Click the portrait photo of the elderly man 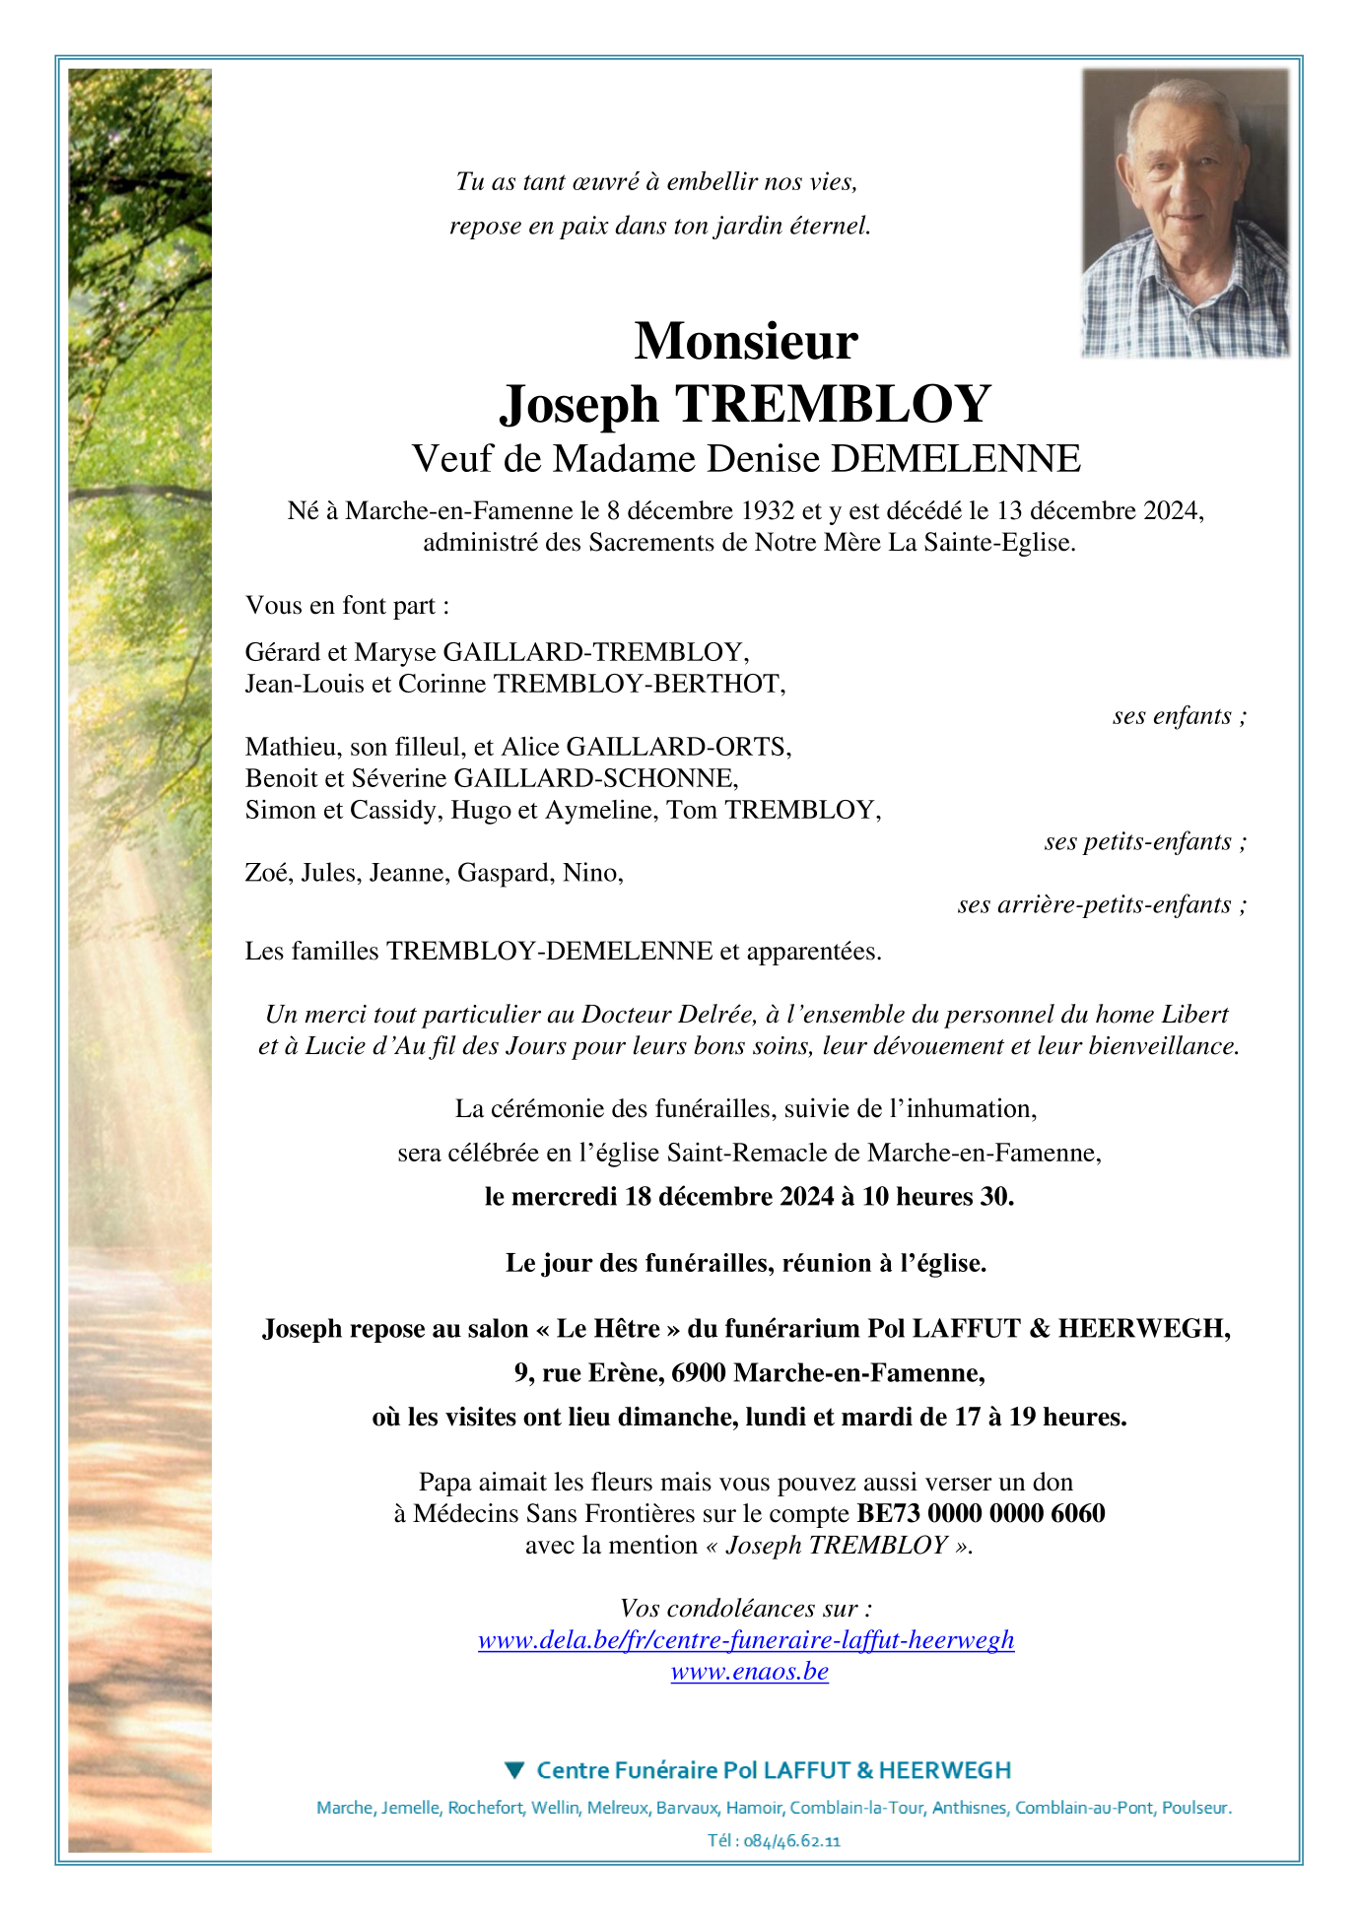tap(1185, 213)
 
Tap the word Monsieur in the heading tap(746, 341)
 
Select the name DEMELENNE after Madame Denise tap(956, 459)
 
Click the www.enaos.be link tap(749, 1672)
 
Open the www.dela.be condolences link tap(746, 1640)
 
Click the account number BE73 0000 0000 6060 tap(981, 1513)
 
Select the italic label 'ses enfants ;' tap(1179, 716)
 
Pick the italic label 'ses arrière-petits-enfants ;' tap(1101, 905)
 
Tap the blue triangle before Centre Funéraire tap(514, 1770)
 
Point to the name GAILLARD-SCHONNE tap(594, 778)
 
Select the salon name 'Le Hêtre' tap(607, 1329)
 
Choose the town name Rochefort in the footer tap(485, 1808)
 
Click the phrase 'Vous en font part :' tap(347, 605)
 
